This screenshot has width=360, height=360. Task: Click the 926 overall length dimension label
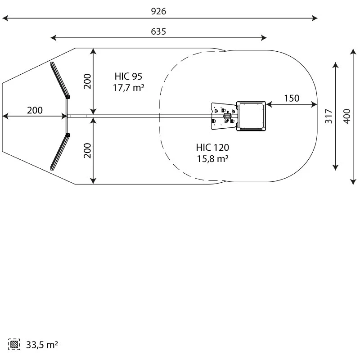pos(158,11)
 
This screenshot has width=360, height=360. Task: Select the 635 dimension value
pos(158,31)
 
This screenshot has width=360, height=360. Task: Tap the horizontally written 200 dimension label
pos(35,110)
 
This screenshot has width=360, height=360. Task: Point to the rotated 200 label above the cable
pos(88,81)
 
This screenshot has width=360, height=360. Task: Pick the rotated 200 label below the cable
pos(88,150)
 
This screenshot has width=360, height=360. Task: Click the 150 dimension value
pos(292,99)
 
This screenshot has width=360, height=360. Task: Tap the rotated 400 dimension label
pos(346,117)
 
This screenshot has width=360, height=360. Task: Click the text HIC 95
pos(128,76)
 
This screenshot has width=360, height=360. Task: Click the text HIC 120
pos(212,147)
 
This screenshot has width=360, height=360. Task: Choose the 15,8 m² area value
pos(212,158)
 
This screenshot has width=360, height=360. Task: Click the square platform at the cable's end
pos(251,116)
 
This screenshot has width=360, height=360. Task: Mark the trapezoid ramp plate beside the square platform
pos(223,117)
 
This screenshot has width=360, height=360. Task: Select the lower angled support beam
pos(59,152)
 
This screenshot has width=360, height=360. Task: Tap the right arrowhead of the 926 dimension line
pos(315,18)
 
